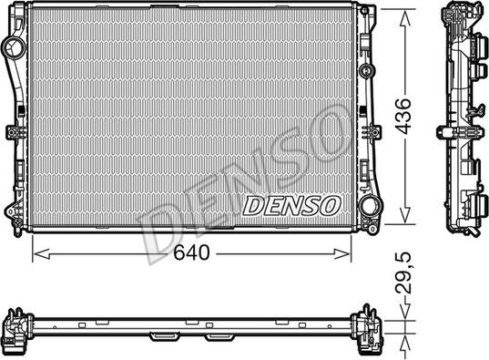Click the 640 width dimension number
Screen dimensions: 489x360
point(191,252)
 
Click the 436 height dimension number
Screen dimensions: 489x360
point(402,117)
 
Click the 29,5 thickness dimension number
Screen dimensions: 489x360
point(403,273)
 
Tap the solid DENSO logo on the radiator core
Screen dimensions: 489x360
point(291,206)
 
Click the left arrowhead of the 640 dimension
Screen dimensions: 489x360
point(42,254)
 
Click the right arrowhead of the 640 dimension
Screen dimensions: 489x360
point(342,254)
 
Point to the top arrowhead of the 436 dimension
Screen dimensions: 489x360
point(405,19)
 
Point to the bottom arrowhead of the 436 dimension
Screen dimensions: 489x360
point(405,214)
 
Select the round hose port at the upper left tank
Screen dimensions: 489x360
point(13,48)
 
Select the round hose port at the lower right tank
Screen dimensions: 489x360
point(371,206)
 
